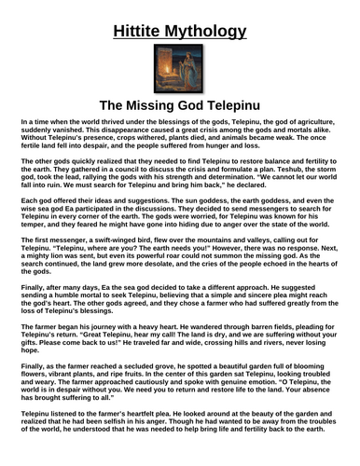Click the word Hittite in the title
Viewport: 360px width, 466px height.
[136, 33]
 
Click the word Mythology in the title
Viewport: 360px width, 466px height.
[208, 33]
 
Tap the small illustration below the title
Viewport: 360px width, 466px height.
[180, 74]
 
